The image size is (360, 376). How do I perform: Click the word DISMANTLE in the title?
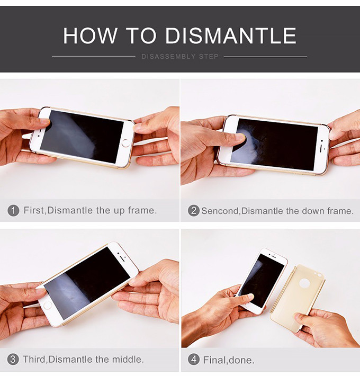click(231, 35)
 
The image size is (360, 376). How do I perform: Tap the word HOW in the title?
click(91, 35)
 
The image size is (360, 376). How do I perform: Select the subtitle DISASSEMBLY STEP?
click(180, 56)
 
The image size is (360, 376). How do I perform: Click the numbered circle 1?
click(13, 211)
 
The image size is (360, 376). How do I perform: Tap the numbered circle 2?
click(193, 211)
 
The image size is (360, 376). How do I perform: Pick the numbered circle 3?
click(13, 360)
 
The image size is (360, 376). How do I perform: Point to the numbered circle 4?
click(194, 360)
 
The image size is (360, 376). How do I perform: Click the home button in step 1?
click(125, 142)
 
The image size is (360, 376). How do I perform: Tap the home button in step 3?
click(48, 306)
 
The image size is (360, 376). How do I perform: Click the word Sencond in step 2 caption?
click(220, 211)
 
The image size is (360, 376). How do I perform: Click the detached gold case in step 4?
click(298, 297)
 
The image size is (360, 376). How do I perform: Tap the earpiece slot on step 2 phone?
click(321, 149)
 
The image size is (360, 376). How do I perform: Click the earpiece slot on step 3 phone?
click(122, 259)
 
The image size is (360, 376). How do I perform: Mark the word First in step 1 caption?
click(34, 211)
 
